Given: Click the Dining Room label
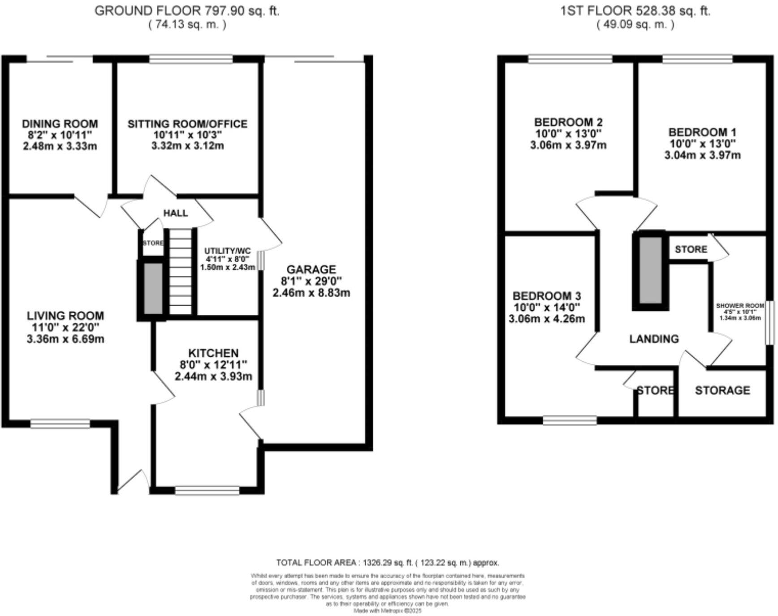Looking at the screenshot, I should (60, 124).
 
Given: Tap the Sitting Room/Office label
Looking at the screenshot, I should (187, 124).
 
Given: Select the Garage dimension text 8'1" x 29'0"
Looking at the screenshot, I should (311, 281).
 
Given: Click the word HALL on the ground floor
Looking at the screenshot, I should (175, 213).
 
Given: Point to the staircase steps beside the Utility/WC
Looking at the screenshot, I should (180, 273).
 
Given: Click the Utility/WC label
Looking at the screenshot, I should (228, 251).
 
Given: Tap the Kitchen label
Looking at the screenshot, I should (213, 353).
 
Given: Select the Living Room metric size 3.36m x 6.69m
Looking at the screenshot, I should (65, 339).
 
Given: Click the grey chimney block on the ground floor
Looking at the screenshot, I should (153, 289).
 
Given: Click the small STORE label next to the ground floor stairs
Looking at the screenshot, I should (153, 243).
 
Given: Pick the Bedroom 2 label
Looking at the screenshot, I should (568, 122).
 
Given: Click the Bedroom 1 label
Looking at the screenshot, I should (702, 132).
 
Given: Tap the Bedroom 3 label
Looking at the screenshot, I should (546, 295).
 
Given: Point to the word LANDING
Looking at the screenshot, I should (653, 339).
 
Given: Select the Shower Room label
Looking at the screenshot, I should (739, 306).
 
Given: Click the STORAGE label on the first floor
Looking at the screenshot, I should (722, 390).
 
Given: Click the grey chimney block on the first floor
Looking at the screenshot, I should (650, 271).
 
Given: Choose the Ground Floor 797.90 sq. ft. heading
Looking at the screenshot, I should (187, 11).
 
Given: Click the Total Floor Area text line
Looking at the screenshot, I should (387, 563).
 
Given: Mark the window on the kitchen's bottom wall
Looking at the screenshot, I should (207, 491).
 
